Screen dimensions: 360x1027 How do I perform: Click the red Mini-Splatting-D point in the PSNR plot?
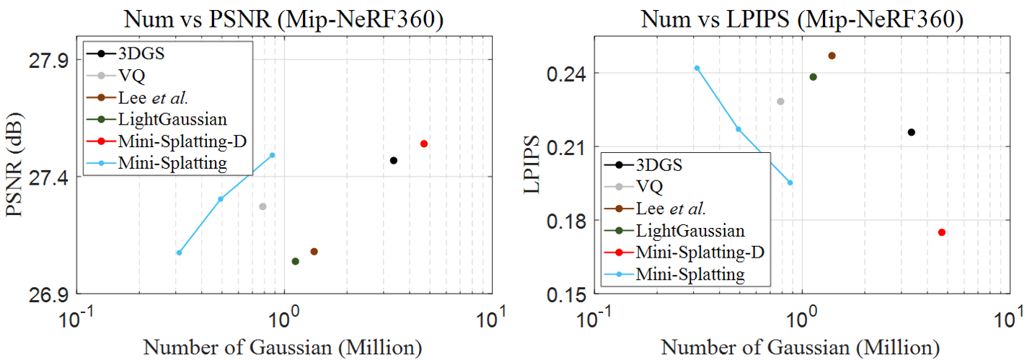tap(424, 144)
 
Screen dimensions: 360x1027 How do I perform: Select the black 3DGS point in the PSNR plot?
tap(394, 160)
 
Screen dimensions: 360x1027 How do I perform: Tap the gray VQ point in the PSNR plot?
tap(263, 206)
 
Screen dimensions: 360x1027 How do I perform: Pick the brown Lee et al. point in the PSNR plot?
tap(314, 251)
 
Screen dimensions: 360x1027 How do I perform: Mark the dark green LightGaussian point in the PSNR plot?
tap(295, 261)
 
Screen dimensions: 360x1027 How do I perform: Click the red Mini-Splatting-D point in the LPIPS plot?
tap(942, 232)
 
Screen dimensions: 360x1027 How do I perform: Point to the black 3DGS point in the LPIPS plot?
tap(912, 132)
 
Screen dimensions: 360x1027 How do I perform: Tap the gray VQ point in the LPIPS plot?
tap(780, 101)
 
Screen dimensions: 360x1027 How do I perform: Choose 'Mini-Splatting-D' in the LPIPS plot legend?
tap(700, 253)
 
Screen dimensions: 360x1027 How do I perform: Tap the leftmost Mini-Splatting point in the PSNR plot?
tap(179, 253)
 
